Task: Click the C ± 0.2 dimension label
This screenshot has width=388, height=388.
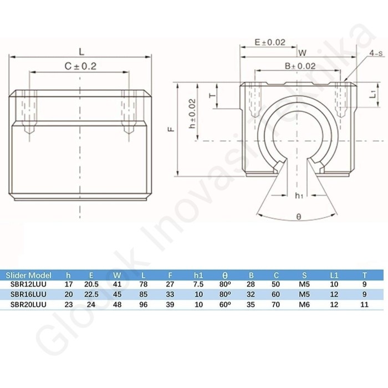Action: (81, 66)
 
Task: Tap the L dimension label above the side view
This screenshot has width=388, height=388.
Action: (81, 52)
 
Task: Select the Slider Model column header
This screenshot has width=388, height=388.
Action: (28, 275)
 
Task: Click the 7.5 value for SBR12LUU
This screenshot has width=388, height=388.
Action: (199, 284)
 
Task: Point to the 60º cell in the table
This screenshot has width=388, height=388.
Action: (224, 304)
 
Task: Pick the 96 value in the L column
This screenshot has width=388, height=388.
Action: (142, 304)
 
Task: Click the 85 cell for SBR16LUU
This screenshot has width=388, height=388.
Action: (142, 294)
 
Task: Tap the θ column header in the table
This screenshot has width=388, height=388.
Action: (224, 275)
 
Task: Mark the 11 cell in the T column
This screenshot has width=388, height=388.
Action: (364, 304)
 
